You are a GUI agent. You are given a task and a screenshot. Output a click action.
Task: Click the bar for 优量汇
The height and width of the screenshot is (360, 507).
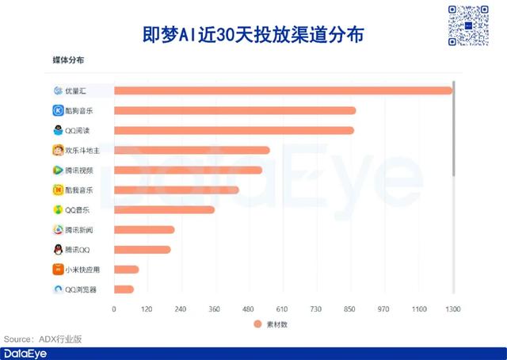click(283, 90)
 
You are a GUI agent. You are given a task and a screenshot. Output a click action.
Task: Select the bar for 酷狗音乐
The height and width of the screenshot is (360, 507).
click(234, 110)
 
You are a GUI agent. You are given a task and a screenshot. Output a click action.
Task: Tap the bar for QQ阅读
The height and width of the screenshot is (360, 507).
click(234, 130)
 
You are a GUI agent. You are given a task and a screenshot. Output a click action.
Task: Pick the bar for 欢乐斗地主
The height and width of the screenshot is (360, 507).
click(192, 150)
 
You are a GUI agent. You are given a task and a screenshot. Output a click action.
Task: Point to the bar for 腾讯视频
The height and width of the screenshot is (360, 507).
click(188, 170)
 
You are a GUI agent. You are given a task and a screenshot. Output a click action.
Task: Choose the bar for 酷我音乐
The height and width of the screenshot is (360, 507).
click(176, 190)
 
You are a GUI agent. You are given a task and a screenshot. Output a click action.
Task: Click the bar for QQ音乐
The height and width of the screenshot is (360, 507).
click(164, 209)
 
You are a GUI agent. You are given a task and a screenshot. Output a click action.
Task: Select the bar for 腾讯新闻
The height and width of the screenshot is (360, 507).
click(144, 229)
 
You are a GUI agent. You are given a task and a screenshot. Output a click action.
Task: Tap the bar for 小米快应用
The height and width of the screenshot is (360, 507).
click(126, 270)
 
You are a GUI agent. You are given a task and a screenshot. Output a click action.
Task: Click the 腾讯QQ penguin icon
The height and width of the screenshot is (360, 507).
click(58, 250)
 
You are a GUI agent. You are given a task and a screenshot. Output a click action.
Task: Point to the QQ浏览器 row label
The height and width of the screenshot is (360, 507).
click(81, 289)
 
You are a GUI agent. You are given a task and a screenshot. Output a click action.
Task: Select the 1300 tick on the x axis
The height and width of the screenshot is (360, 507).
click(452, 308)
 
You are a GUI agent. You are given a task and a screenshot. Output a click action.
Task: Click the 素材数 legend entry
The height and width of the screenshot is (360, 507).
click(274, 324)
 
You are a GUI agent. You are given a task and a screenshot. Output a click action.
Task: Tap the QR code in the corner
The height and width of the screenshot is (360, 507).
click(468, 25)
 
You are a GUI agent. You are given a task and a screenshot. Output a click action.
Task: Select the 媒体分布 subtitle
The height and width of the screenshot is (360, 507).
click(68, 60)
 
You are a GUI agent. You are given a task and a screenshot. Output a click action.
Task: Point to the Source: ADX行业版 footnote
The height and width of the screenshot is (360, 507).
click(43, 339)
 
